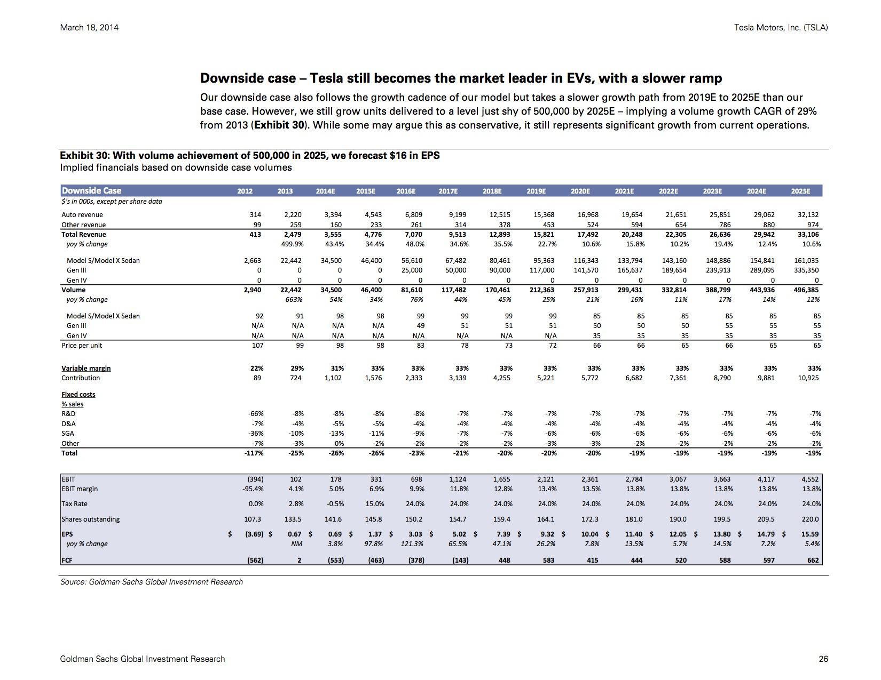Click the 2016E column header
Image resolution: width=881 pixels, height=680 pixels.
(405, 191)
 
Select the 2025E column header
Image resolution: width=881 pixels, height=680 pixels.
(800, 191)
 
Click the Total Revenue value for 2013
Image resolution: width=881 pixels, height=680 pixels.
(292, 235)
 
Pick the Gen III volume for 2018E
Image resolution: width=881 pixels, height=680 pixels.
(500, 270)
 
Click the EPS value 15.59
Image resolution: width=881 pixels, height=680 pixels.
(810, 534)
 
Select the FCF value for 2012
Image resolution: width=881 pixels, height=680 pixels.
(255, 561)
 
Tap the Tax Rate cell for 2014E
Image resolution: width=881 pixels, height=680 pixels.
(335, 504)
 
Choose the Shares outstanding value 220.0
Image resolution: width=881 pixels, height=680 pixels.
(811, 519)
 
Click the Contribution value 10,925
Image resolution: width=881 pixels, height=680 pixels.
(808, 378)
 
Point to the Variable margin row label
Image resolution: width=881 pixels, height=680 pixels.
(86, 368)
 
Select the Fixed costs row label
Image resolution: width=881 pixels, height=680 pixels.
(78, 395)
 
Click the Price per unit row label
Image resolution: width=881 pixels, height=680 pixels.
(82, 346)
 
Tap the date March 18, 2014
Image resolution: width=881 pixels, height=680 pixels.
(89, 28)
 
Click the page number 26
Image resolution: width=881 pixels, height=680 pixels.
(823, 659)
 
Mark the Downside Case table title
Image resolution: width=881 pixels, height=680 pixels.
(91, 191)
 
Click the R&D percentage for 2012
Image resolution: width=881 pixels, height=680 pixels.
(256, 414)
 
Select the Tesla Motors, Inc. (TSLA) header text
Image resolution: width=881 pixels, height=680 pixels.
(781, 28)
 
